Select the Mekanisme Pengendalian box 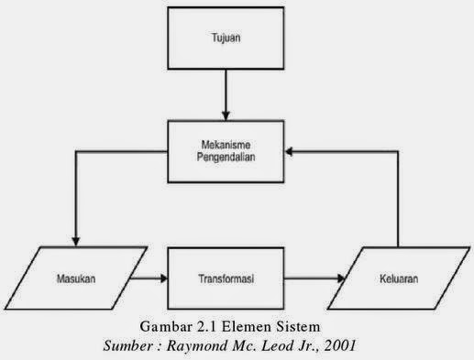pyautogui.click(x=224, y=149)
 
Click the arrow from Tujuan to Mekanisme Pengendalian pyautogui.click(x=224, y=95)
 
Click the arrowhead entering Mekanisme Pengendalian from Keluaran pyautogui.click(x=292, y=149)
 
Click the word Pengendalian pyautogui.click(x=224, y=157)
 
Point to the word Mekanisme pyautogui.click(x=224, y=143)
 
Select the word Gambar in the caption pyautogui.click(x=167, y=327)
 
